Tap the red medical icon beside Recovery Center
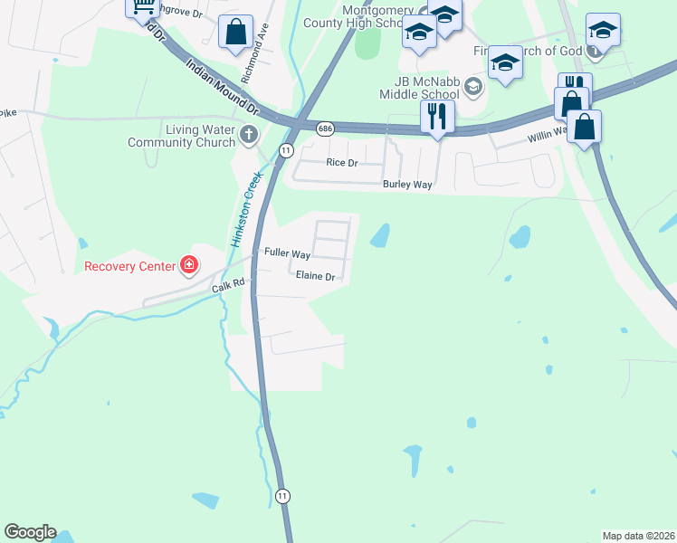pyautogui.click(x=189, y=265)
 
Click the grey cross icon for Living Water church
pyautogui.click(x=249, y=137)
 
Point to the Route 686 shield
pyautogui.click(x=326, y=129)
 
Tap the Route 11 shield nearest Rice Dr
pyautogui.click(x=285, y=149)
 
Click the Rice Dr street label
pyautogui.click(x=342, y=163)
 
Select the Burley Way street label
pyautogui.click(x=405, y=184)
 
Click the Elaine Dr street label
pyautogui.click(x=316, y=277)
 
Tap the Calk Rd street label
pyautogui.click(x=229, y=285)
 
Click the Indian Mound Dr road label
pyautogui.click(x=222, y=87)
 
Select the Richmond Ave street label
pyautogui.click(x=263, y=41)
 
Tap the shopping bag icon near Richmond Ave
pyautogui.click(x=235, y=32)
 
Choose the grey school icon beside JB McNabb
pyautogui.click(x=473, y=87)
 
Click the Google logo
pyautogui.click(x=30, y=532)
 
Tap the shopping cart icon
pyautogui.click(x=142, y=7)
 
